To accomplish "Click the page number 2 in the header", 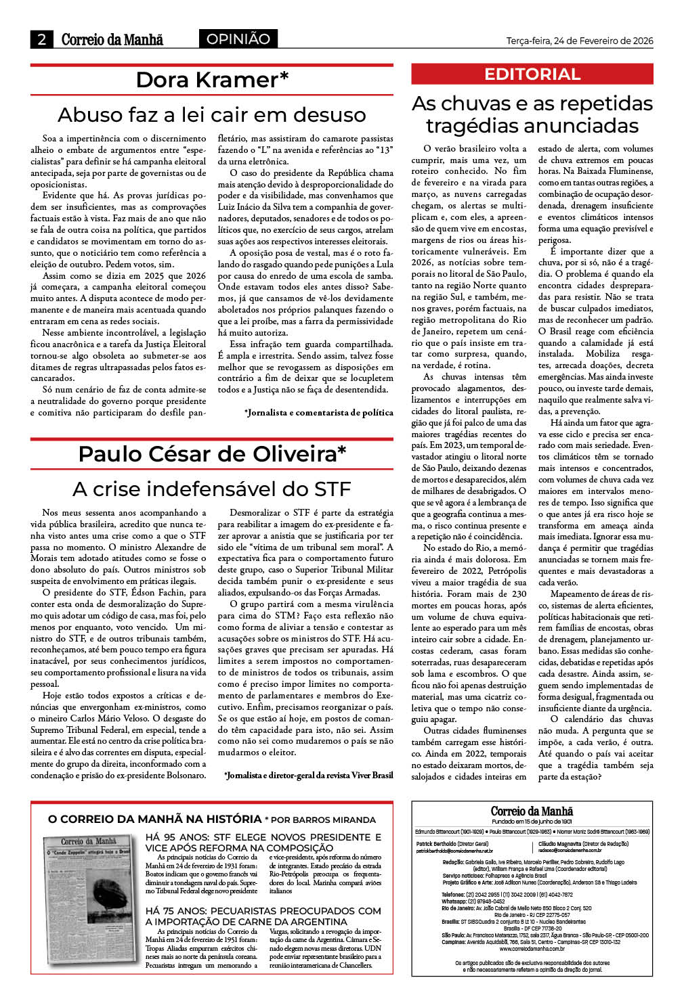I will (x=41, y=39).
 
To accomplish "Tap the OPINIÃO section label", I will (x=238, y=39).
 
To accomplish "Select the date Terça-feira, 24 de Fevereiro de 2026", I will (x=580, y=41).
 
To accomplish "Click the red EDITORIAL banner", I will (x=532, y=74).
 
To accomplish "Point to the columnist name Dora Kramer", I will (x=212, y=80).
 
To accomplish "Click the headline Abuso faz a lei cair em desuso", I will (x=212, y=114).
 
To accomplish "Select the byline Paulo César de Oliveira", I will (x=212, y=453).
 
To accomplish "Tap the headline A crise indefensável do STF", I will (x=212, y=489).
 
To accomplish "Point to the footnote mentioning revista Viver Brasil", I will (x=309, y=775).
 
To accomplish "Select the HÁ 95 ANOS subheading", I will (x=263, y=842).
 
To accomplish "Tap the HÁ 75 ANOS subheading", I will (x=263, y=916).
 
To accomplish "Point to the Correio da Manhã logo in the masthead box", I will (x=532, y=811).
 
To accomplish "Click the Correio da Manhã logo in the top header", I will (x=112, y=39).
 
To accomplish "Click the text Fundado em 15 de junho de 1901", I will (x=532, y=821).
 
